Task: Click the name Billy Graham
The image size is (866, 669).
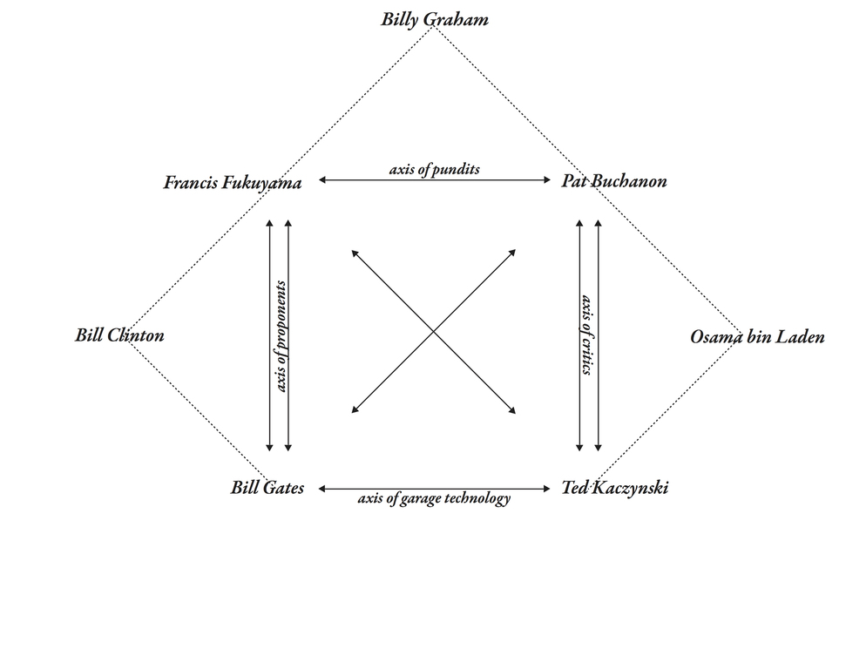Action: (434, 19)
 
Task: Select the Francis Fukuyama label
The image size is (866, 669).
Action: (233, 183)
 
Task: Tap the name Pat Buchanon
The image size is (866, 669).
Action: (614, 182)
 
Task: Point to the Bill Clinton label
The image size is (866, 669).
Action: (119, 335)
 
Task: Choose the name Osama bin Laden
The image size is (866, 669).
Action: (757, 337)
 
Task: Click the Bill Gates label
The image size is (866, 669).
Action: (267, 488)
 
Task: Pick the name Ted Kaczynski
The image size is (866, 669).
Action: (615, 488)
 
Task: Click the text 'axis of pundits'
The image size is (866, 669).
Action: (434, 170)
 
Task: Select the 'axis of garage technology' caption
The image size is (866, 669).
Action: (434, 499)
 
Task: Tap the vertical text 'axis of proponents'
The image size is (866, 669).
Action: (281, 335)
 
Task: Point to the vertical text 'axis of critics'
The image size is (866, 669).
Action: (587, 335)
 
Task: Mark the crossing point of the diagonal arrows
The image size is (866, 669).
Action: (434, 332)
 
